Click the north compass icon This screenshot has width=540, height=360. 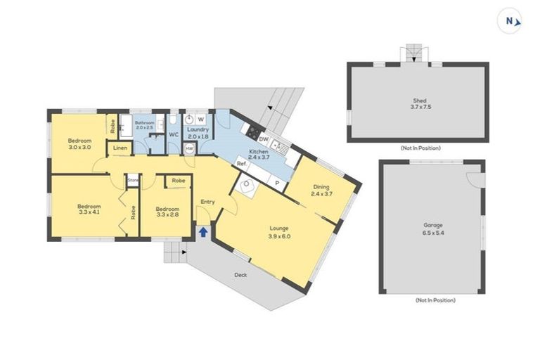point(510,21)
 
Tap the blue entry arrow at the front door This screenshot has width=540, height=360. point(203,231)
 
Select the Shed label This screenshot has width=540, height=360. point(416,103)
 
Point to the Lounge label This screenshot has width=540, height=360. point(279,231)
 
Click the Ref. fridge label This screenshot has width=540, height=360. point(240,164)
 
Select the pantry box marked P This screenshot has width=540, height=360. point(276,181)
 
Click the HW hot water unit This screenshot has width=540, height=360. point(189,149)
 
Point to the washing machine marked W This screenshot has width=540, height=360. point(200,120)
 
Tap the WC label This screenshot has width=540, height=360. point(172,134)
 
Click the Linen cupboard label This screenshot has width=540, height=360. point(120,149)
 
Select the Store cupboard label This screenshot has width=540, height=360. point(133,181)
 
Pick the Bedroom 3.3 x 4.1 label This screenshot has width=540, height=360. point(89,210)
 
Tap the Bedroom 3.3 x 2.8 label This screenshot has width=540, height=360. point(167,212)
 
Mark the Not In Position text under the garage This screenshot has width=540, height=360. point(435,300)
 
